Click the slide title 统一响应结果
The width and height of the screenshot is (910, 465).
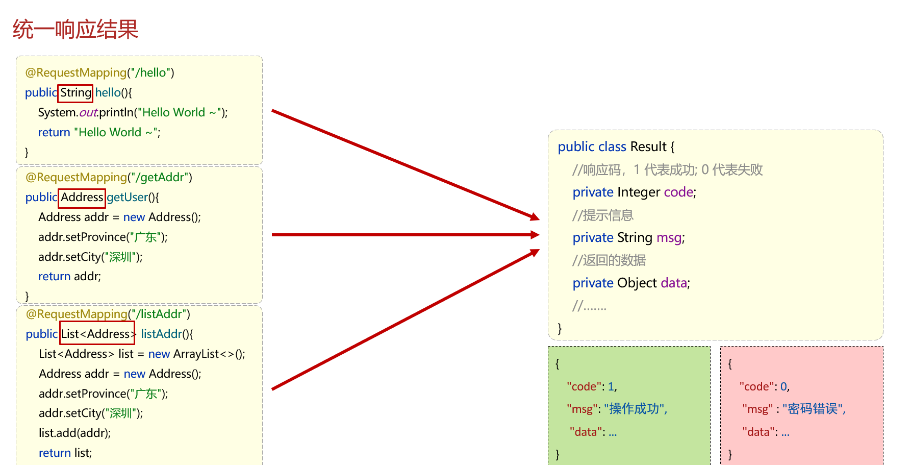[75, 29]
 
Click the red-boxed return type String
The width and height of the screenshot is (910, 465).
[75, 93]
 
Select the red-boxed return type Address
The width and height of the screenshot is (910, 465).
[82, 198]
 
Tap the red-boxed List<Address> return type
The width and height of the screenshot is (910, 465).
[97, 334]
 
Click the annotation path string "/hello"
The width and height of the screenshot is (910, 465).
[151, 73]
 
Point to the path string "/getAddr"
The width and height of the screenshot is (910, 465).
[160, 178]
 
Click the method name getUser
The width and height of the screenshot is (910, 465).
[127, 198]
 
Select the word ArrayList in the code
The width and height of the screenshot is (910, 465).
[196, 354]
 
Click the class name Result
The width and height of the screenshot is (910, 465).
[648, 147]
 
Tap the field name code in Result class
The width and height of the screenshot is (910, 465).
[678, 192]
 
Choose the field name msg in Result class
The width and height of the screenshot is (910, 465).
[669, 238]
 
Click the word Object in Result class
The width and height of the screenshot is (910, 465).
[637, 283]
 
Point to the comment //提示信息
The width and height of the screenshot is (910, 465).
[602, 215]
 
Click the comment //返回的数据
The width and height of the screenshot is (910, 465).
[609, 261]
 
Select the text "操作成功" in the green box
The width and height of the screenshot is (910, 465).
[635, 409]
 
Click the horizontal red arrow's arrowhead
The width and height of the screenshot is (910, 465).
[535, 235]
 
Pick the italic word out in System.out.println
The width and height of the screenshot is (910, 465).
[88, 113]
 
